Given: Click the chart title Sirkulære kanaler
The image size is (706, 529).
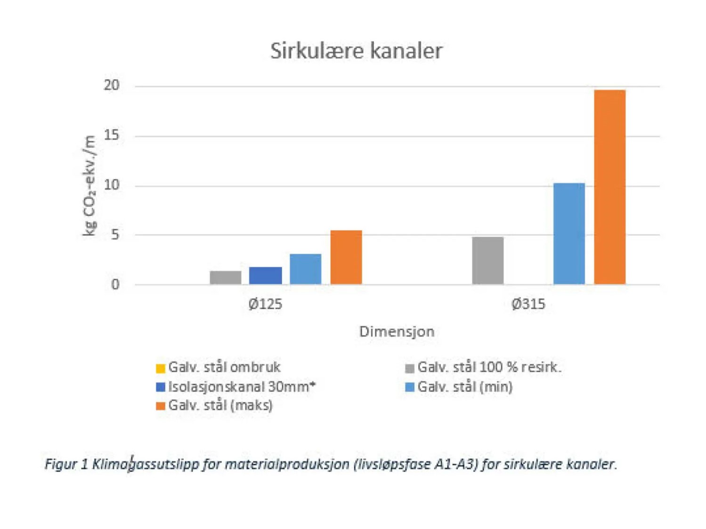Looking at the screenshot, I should [356, 51].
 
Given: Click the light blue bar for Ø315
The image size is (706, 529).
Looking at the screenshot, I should [569, 233].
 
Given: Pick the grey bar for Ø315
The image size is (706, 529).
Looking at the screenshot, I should [487, 260].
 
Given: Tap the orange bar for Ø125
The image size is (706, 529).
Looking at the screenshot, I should [346, 257].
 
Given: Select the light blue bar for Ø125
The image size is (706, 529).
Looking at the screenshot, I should [306, 269].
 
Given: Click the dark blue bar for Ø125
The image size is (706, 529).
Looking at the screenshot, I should [266, 275].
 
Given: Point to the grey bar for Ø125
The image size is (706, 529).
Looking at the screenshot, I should [226, 277].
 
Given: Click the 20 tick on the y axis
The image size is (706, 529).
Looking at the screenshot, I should [112, 85].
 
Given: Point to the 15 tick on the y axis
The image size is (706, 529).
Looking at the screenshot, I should [112, 136].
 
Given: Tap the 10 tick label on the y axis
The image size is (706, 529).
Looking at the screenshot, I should [112, 185].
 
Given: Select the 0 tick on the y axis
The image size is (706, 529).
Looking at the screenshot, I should [115, 284].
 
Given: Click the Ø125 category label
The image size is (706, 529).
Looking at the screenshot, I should [265, 304].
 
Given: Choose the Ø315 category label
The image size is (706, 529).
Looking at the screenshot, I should [528, 304].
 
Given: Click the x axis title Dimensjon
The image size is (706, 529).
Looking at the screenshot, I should [397, 331].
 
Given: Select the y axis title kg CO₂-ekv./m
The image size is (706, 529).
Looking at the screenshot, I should [89, 185].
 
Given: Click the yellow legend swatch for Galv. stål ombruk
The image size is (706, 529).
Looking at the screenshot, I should [161, 368].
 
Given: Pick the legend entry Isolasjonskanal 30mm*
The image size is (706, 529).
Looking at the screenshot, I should [242, 387].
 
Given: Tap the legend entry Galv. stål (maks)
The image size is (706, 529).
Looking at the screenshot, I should [220, 405].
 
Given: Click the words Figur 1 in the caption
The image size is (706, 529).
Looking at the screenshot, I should [66, 464].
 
